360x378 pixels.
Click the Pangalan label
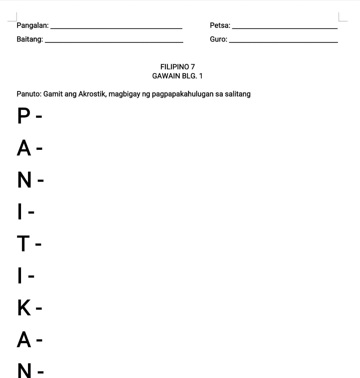(33, 26)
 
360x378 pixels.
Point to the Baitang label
(30, 40)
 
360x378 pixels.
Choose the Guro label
(219, 40)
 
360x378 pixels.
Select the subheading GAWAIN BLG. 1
(177, 76)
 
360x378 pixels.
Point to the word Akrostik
(92, 94)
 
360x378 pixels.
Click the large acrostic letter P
(23, 116)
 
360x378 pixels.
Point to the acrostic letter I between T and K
(20, 275)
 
